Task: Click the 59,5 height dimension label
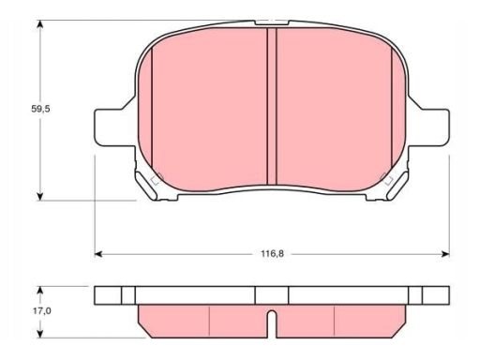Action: point(40,109)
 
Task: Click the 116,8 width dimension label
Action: point(272,254)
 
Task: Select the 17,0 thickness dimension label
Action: point(41,311)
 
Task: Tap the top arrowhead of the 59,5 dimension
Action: point(39,24)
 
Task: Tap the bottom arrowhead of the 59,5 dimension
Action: point(39,196)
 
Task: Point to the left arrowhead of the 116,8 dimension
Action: point(98,254)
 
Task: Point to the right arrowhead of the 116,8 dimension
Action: point(445,254)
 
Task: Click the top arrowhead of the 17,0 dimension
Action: point(39,291)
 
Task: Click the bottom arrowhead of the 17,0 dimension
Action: point(39,334)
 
